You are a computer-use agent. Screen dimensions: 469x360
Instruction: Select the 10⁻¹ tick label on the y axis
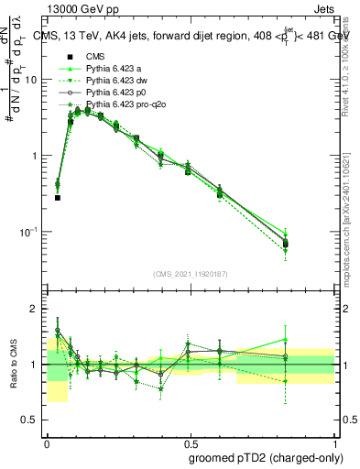coord(33,232)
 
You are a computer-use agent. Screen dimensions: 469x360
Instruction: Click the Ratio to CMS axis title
coord(16,365)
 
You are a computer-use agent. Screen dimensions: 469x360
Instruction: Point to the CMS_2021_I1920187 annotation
coord(191,274)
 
